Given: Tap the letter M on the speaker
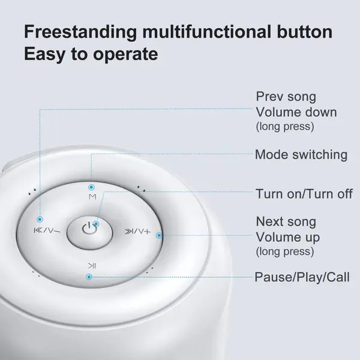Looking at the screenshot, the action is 92,197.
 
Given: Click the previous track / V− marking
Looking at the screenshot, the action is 47,230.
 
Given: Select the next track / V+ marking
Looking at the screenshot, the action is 138,232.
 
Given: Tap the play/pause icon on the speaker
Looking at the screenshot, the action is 92,266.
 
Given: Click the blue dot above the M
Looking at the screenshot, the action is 91,187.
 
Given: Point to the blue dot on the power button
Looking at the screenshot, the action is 96,224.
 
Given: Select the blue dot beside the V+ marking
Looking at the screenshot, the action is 159,236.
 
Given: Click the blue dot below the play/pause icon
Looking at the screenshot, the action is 89,277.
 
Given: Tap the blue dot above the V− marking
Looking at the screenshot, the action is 40,219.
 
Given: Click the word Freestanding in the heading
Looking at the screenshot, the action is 80,32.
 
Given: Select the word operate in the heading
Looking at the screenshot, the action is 125,55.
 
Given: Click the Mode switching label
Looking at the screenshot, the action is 301,155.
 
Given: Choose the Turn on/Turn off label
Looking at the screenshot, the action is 304,194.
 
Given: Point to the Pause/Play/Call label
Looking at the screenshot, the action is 302,277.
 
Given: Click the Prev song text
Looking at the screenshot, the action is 286,97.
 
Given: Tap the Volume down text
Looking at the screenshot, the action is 296,112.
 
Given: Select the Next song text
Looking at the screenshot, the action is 286,221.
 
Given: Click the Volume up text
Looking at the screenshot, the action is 288,238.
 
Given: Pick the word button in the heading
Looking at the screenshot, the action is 305,32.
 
